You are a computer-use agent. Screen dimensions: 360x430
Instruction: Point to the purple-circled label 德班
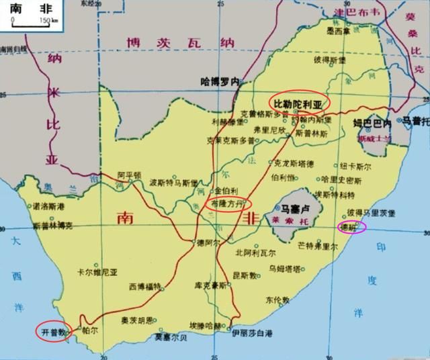click(x=351, y=227)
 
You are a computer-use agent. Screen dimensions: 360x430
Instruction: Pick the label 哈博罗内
click(x=220, y=81)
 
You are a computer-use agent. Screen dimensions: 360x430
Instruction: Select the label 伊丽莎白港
click(x=252, y=333)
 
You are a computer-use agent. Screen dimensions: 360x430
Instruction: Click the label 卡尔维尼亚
click(x=97, y=273)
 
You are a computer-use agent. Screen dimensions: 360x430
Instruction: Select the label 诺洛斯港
click(x=50, y=206)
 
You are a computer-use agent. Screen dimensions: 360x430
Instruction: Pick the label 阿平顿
click(x=130, y=174)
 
